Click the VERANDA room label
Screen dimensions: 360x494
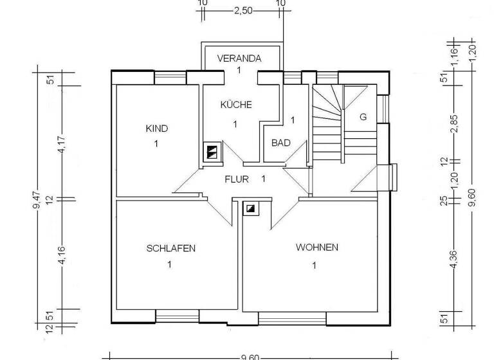click(239, 58)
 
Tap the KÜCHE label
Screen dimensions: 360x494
click(236, 105)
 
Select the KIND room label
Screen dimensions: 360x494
click(157, 129)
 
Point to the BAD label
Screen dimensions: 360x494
click(280, 142)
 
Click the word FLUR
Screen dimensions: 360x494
click(236, 179)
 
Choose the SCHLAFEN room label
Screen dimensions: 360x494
click(170, 248)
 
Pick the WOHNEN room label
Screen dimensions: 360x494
click(316, 248)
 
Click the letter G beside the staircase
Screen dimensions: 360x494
click(363, 117)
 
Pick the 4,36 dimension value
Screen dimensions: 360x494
click(455, 263)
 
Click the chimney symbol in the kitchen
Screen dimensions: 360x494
click(212, 152)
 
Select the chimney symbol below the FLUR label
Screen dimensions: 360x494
click(250, 208)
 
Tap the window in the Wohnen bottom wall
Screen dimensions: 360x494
click(292, 316)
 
